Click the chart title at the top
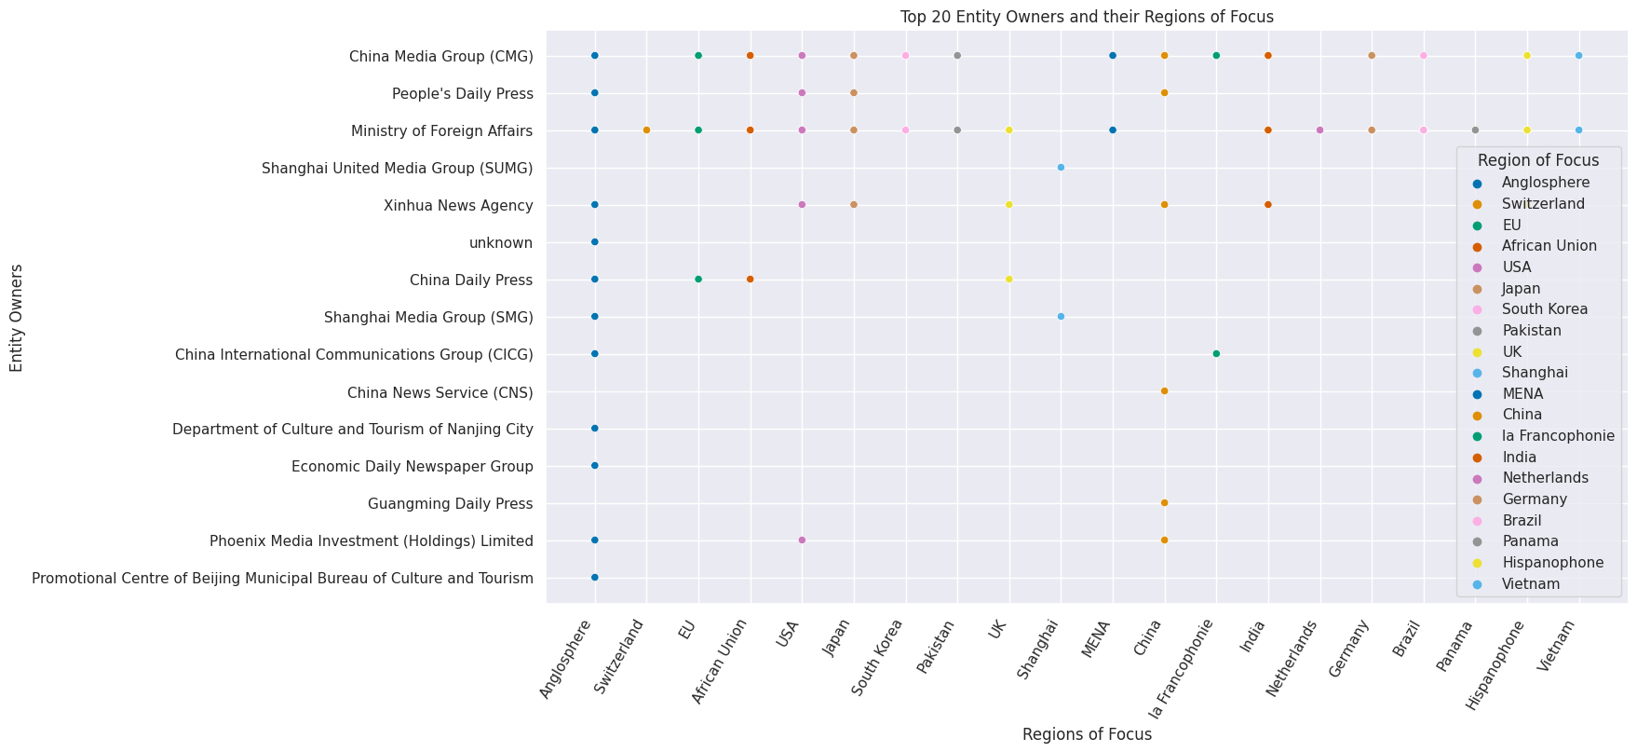pos(1086,17)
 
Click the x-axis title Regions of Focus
pos(1086,734)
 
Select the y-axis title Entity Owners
pos(17,318)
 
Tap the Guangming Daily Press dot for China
pos(1164,503)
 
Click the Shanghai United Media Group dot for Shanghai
pos(1061,168)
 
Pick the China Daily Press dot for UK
pos(1008,280)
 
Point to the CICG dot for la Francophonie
pos(1216,354)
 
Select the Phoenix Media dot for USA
pos(802,540)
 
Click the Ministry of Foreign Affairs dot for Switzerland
pos(646,130)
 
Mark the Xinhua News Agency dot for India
pos(1267,205)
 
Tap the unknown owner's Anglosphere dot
pos(594,242)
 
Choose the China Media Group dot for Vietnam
pos(1578,56)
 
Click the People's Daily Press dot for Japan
pos(854,93)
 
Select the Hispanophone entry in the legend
pos(1552,563)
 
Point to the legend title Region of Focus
pos(1537,160)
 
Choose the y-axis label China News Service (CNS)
pos(440,392)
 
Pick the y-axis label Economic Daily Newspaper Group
pos(412,467)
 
